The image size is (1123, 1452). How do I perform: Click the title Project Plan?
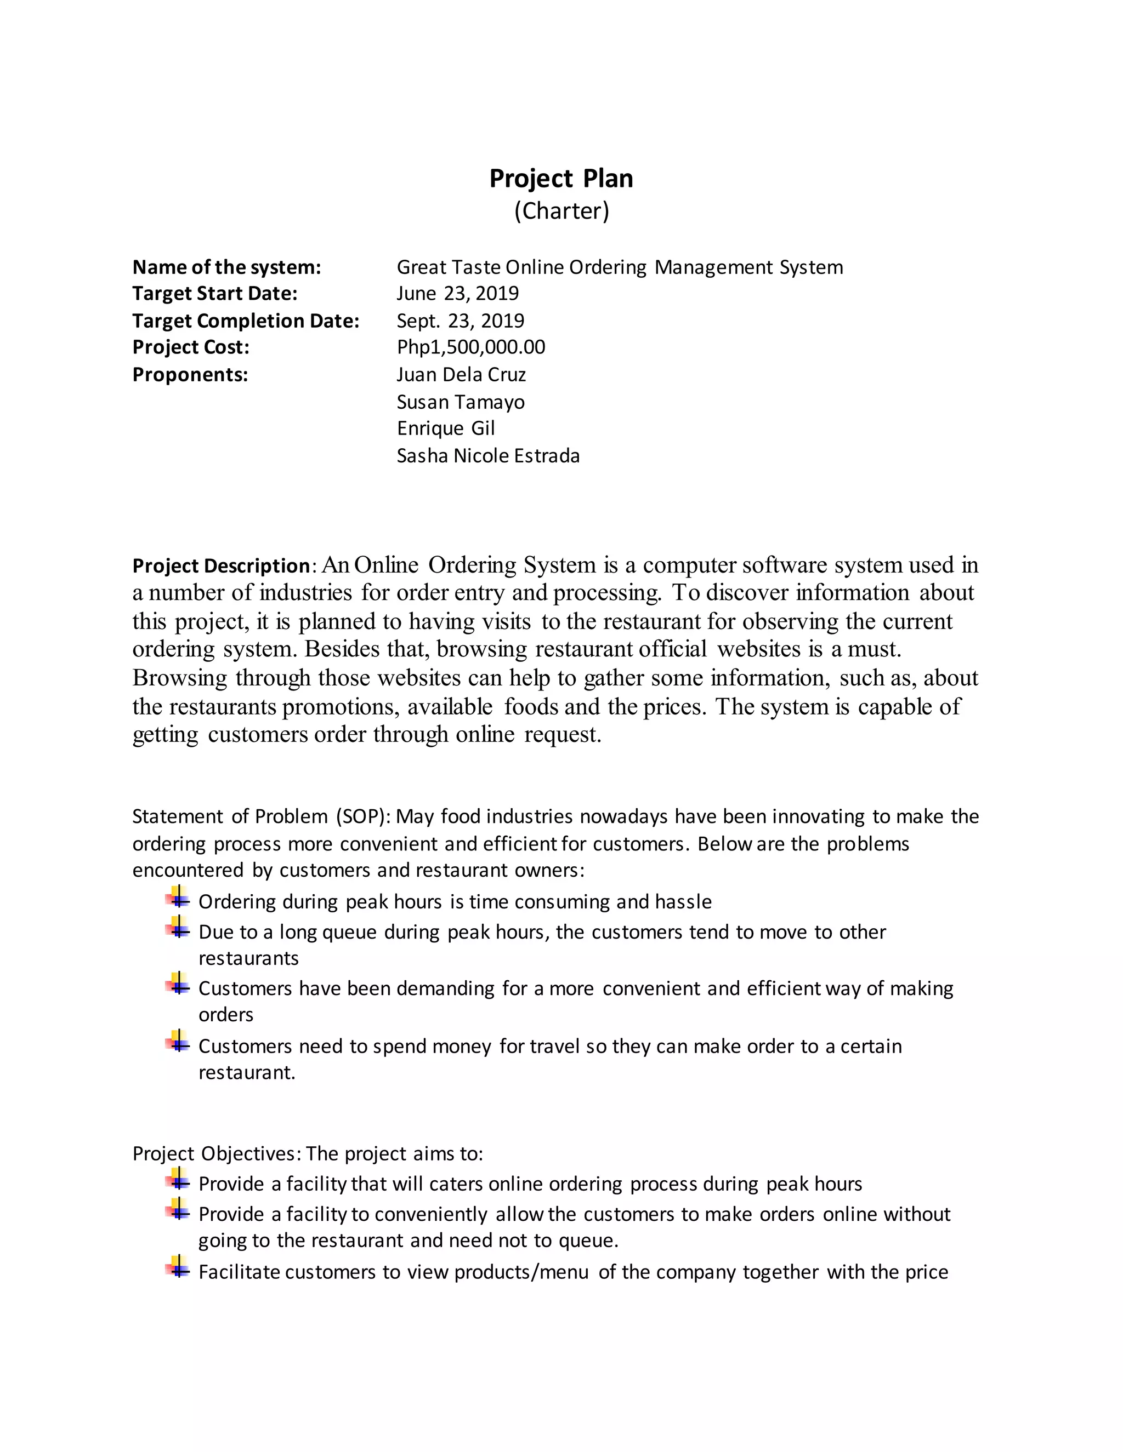click(561, 178)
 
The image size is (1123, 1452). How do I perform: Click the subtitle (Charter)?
click(561, 211)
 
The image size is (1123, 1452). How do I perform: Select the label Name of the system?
click(226, 267)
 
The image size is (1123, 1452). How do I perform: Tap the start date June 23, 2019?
click(458, 293)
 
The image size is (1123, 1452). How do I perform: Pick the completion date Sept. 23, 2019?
click(461, 321)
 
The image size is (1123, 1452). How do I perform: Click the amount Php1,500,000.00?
click(470, 347)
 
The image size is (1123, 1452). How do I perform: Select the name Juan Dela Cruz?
click(461, 374)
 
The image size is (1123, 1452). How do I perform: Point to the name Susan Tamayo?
click(461, 402)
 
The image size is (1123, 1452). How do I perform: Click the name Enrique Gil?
click(446, 428)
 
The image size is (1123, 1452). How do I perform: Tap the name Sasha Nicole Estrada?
click(487, 455)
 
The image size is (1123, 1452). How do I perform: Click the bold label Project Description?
click(221, 566)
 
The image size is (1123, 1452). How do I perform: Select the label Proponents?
click(190, 374)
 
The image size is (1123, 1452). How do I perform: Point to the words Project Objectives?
click(217, 1153)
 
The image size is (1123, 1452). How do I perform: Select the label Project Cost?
click(190, 347)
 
